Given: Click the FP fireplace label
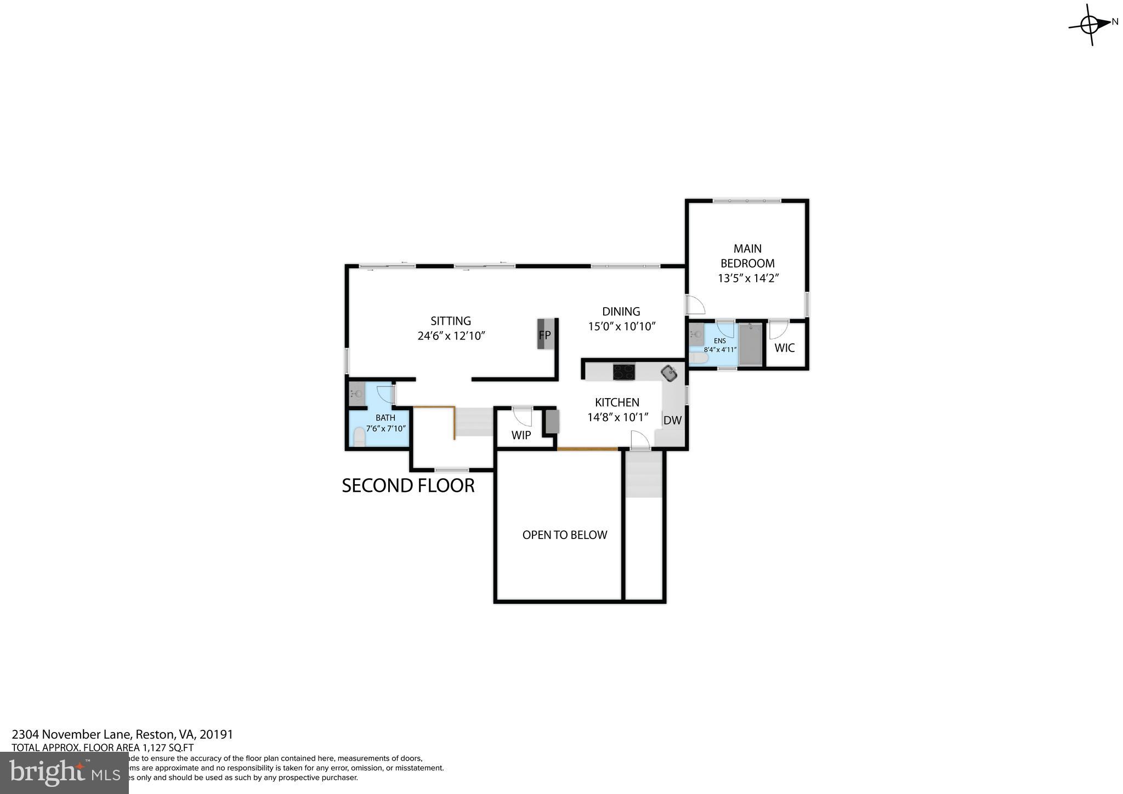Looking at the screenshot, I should tap(545, 335).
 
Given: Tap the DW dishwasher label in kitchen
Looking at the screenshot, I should tap(672, 421).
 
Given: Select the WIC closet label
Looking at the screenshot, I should tap(784, 348).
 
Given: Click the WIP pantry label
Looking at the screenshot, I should tap(521, 435).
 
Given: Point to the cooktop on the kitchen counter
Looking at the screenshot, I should tap(623, 372).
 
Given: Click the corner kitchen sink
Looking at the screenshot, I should tap(669, 373).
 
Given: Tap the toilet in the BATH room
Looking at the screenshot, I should tap(359, 437).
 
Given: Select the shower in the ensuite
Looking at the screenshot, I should tap(750, 344).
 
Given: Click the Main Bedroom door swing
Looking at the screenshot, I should tap(695, 305).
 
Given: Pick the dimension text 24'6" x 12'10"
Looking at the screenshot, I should tap(451, 336).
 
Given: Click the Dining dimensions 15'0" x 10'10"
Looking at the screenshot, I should tap(622, 327).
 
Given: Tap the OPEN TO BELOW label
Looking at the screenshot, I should tap(564, 535).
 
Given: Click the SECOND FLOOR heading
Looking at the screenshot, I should tap(408, 486).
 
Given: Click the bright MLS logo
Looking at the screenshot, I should tap(64, 773).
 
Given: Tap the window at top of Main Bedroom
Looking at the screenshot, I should tap(746, 201).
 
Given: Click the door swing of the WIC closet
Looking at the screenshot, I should tap(778, 329).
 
